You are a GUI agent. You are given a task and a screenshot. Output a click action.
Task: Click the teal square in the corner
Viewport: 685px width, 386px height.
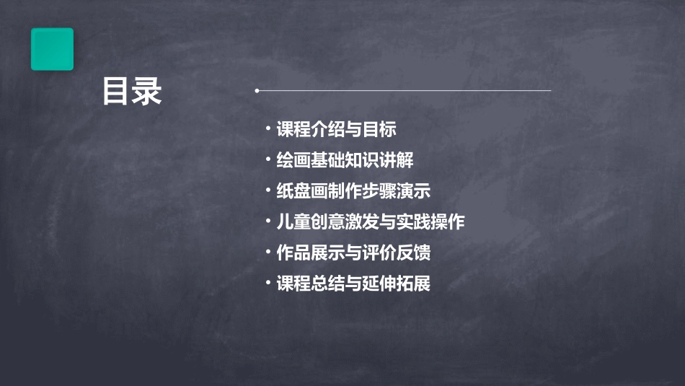pos(52,49)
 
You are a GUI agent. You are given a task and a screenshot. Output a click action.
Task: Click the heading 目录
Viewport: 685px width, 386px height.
pos(132,92)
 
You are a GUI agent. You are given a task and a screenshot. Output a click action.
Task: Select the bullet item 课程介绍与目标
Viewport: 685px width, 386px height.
pos(336,130)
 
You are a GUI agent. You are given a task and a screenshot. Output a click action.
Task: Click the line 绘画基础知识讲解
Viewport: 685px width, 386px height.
pos(345,160)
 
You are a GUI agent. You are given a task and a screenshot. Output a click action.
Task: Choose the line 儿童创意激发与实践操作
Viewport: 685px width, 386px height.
pos(371,222)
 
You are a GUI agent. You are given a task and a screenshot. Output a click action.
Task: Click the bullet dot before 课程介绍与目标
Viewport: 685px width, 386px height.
pos(268,129)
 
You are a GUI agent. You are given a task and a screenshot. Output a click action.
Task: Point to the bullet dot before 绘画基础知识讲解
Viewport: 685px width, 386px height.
pos(268,159)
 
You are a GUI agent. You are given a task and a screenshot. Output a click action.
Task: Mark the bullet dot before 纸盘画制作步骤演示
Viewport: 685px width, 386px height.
pos(268,190)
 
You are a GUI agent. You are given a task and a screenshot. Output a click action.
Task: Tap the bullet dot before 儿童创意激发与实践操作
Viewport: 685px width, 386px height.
pos(268,221)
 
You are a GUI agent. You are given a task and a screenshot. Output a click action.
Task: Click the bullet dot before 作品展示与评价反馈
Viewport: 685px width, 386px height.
pos(268,253)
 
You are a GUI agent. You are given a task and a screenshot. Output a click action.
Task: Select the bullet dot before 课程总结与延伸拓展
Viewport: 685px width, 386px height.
pos(268,283)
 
